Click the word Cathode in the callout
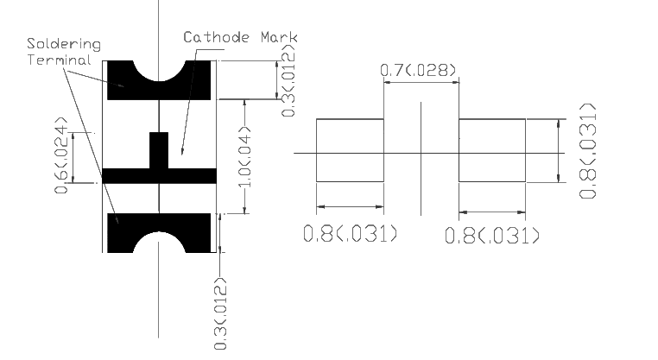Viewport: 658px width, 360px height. (x=216, y=37)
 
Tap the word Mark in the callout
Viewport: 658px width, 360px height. (x=279, y=37)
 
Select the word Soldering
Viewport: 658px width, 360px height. (x=64, y=45)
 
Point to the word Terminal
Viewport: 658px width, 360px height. (x=60, y=60)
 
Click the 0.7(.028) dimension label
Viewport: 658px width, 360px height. (x=418, y=70)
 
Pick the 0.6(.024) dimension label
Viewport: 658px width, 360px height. (x=61, y=155)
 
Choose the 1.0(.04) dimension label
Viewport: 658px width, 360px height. (x=244, y=156)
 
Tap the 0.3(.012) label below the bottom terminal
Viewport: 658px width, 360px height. (x=220, y=313)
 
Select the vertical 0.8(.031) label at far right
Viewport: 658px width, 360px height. (x=587, y=151)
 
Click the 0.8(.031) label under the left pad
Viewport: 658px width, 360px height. (x=350, y=233)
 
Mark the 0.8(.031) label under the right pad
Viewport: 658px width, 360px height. (x=492, y=235)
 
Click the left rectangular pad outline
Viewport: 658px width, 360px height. (x=350, y=119)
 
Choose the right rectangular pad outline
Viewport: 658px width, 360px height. (x=492, y=119)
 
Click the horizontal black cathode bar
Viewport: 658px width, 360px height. (x=126, y=176)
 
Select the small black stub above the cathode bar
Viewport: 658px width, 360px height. (x=159, y=150)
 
